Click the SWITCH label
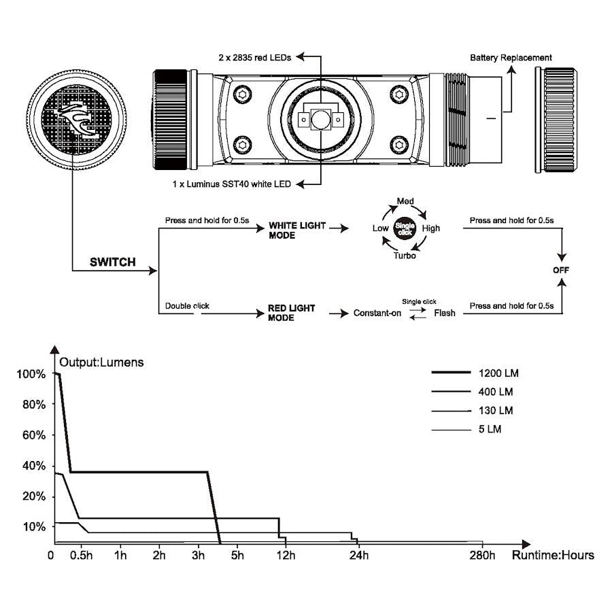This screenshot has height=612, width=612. pyautogui.click(x=113, y=262)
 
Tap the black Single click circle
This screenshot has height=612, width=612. pyautogui.click(x=405, y=228)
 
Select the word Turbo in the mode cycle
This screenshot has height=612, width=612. pyautogui.click(x=405, y=255)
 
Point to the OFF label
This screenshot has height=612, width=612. pyautogui.click(x=562, y=270)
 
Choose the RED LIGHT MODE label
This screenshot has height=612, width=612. pyautogui.click(x=292, y=313)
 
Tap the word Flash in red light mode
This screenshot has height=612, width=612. pyautogui.click(x=445, y=313)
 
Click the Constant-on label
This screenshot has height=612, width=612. pyautogui.click(x=377, y=313)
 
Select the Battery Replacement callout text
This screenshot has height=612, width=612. pyautogui.click(x=511, y=58)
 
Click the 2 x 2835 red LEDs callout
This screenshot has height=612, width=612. pyautogui.click(x=255, y=58)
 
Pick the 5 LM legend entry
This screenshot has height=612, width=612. pyautogui.click(x=490, y=429)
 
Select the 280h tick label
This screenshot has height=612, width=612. pyautogui.click(x=482, y=556)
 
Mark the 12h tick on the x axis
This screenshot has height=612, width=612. pyautogui.click(x=286, y=556)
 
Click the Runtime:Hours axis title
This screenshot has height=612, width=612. pyautogui.click(x=553, y=555)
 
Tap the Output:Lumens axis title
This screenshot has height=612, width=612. pyautogui.click(x=102, y=362)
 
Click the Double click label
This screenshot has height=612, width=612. pyautogui.click(x=187, y=306)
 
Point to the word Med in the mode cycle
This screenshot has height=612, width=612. pyautogui.click(x=405, y=202)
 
